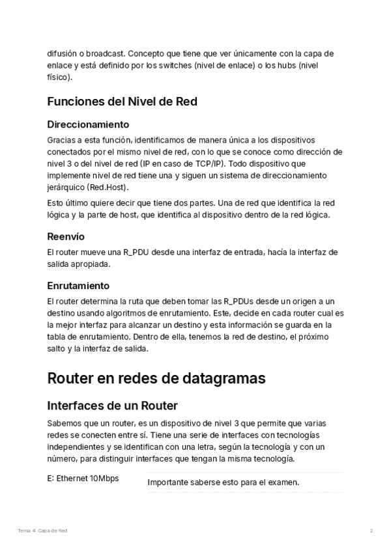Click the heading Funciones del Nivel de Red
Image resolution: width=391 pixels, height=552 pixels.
coord(122,102)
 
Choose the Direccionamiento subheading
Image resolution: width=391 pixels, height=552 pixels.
coord(88,124)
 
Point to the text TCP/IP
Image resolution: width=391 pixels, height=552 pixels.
coord(220,163)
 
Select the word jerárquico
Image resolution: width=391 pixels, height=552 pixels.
coord(67,187)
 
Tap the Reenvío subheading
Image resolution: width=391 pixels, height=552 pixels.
coord(66,236)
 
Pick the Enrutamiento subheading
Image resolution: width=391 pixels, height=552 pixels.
coord(78,285)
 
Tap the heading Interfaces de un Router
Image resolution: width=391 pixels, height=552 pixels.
coord(112,406)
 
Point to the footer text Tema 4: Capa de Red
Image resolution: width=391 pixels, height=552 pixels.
coord(42,531)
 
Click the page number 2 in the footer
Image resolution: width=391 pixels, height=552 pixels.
coord(371,531)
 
